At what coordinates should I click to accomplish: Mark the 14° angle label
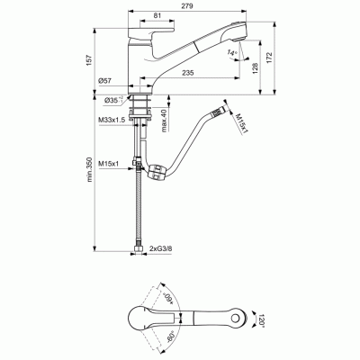[x=232, y=54]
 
